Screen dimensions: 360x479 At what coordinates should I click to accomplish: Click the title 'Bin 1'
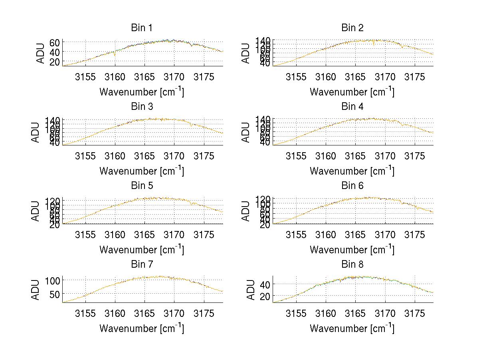(x=142, y=28)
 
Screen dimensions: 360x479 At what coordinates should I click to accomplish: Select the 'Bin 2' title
(x=352, y=28)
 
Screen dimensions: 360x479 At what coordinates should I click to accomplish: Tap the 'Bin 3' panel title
(x=142, y=107)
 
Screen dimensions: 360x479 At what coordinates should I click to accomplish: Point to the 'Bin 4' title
(x=352, y=107)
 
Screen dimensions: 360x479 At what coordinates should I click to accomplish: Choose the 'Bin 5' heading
(x=142, y=186)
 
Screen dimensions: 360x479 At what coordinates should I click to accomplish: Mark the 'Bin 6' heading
(x=352, y=186)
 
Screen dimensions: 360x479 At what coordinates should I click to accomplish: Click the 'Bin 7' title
(x=142, y=265)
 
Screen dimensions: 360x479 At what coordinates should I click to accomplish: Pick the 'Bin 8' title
(x=352, y=265)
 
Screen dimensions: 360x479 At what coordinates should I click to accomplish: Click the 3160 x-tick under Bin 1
(x=115, y=76)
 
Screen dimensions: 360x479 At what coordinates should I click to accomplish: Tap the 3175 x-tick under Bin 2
(x=415, y=76)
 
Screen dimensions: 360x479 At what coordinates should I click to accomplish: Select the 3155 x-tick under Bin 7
(x=85, y=313)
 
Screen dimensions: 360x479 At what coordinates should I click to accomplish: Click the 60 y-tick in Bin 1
(x=55, y=42)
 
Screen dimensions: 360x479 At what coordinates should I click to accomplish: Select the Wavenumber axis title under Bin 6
(x=352, y=250)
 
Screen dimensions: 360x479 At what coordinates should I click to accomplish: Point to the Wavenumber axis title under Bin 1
(x=142, y=92)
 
